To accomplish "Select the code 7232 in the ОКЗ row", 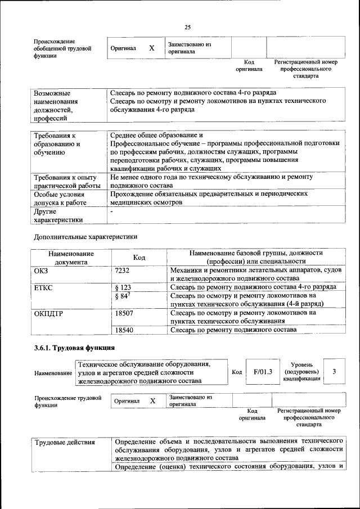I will pyautogui.click(x=122, y=271).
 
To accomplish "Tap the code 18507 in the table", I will pyautogui.click(x=124, y=312).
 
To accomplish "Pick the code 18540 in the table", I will pyautogui.click(x=124, y=330).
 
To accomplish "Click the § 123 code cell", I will pyautogui.click(x=123, y=287).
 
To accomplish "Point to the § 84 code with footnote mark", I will pyautogui.click(x=123, y=296).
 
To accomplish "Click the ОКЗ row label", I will pyautogui.click(x=41, y=271).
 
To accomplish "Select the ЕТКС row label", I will pyautogui.click(x=44, y=287).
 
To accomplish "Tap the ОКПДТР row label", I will pyautogui.click(x=48, y=313).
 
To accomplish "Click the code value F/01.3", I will pyautogui.click(x=263, y=372).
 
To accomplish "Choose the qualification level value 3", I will pyautogui.click(x=335, y=372).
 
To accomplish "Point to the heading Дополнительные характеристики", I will pyautogui.click(x=85, y=236).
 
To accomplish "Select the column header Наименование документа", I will pyautogui.click(x=71, y=257).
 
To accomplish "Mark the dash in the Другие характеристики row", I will pyautogui.click(x=112, y=213).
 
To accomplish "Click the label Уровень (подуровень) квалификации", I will pyautogui.click(x=302, y=372).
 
